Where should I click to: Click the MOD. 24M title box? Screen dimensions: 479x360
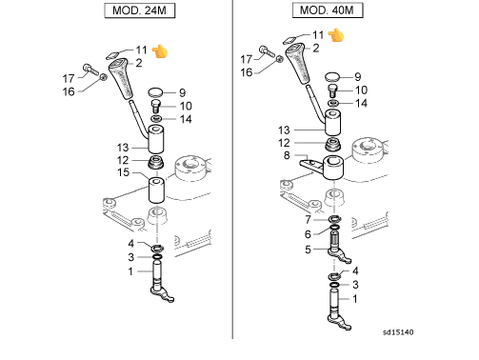coord(140,10)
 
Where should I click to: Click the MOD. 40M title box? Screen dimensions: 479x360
coord(328,10)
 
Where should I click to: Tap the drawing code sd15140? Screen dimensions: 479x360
coord(398,332)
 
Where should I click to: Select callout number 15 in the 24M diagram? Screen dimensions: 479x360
coord(124,172)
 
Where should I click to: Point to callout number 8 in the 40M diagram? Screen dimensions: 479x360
coord(287,155)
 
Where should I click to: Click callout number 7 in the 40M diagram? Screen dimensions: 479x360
coord(308,219)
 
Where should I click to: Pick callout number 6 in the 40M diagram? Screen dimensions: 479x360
coord(308,234)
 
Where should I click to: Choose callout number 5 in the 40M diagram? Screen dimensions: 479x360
coord(308,250)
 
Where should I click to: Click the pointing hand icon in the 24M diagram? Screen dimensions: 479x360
coord(160,51)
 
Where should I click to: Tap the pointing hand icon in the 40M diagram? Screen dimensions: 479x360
coord(336,35)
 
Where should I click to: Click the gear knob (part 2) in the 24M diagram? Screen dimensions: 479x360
coord(121,78)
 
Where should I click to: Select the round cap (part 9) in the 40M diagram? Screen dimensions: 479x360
coord(332,76)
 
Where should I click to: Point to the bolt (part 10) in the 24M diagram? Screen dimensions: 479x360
coord(156,106)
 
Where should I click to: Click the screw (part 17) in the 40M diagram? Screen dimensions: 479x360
coord(267,51)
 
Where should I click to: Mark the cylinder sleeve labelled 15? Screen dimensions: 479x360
coord(156,190)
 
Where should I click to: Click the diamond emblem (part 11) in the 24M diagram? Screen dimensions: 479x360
coord(112,55)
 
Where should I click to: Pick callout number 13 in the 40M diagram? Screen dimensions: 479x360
coord(284,130)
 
